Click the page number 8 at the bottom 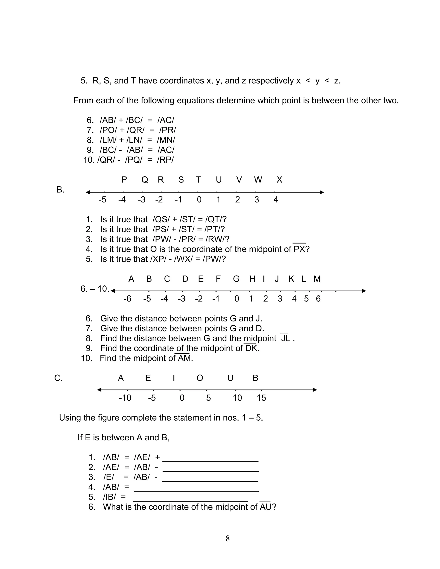[228, 538]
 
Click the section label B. [60, 190]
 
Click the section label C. [58, 378]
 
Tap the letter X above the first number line [279, 180]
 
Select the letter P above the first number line [124, 180]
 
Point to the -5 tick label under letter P [102, 200]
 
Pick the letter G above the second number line [236, 279]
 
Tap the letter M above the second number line [317, 279]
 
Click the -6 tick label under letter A [127, 299]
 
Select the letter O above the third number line [200, 378]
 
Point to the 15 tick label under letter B [261, 398]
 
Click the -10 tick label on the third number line [125, 398]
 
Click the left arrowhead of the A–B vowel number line [99, 390]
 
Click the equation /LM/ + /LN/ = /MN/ [137, 140]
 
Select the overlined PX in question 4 [299, 249]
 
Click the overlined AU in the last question [265, 507]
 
